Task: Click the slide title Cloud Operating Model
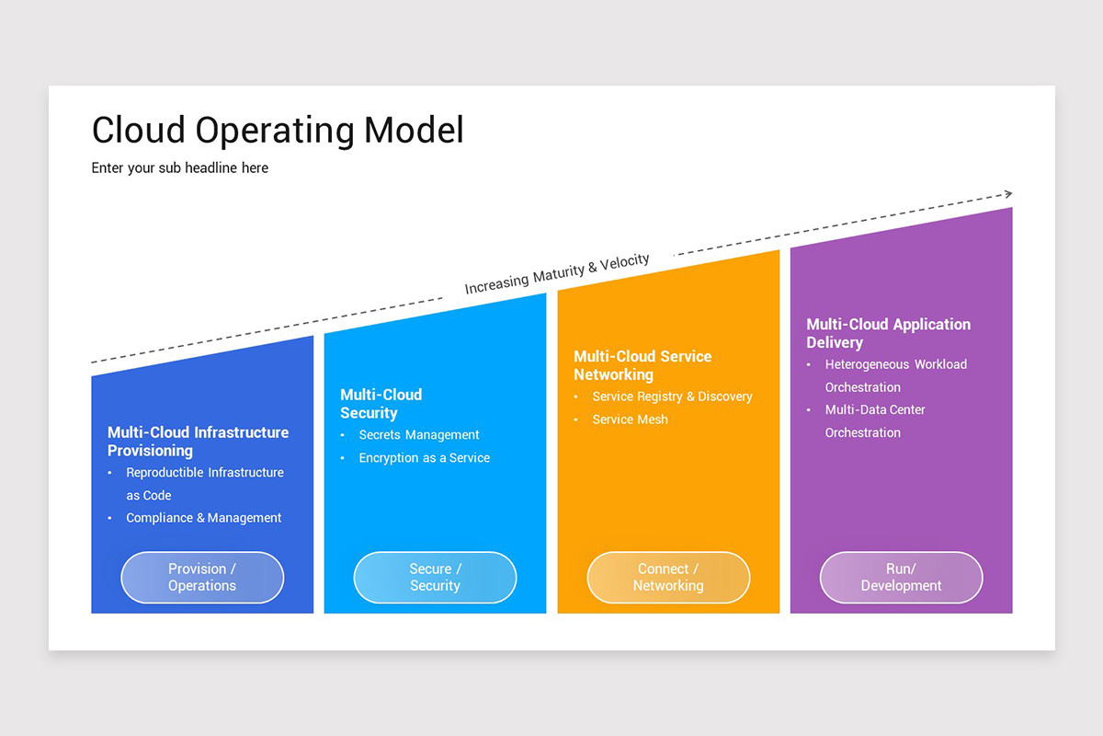click(278, 131)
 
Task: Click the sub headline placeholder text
click(180, 167)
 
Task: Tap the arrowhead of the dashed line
click(1008, 194)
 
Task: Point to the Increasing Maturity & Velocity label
click(557, 274)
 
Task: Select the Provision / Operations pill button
click(202, 578)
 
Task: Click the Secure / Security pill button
click(435, 578)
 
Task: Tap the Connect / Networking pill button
click(668, 578)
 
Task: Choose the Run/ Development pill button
click(901, 578)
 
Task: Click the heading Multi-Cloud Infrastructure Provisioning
click(198, 442)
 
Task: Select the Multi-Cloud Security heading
click(381, 404)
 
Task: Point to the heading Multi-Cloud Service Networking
click(642, 365)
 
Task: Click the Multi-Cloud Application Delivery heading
click(888, 333)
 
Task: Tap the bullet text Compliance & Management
click(204, 518)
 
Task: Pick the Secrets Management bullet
click(419, 435)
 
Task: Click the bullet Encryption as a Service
click(424, 458)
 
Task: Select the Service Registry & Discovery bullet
click(672, 397)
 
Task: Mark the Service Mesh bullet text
click(630, 420)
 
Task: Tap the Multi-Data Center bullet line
click(875, 409)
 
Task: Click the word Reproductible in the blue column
click(165, 473)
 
